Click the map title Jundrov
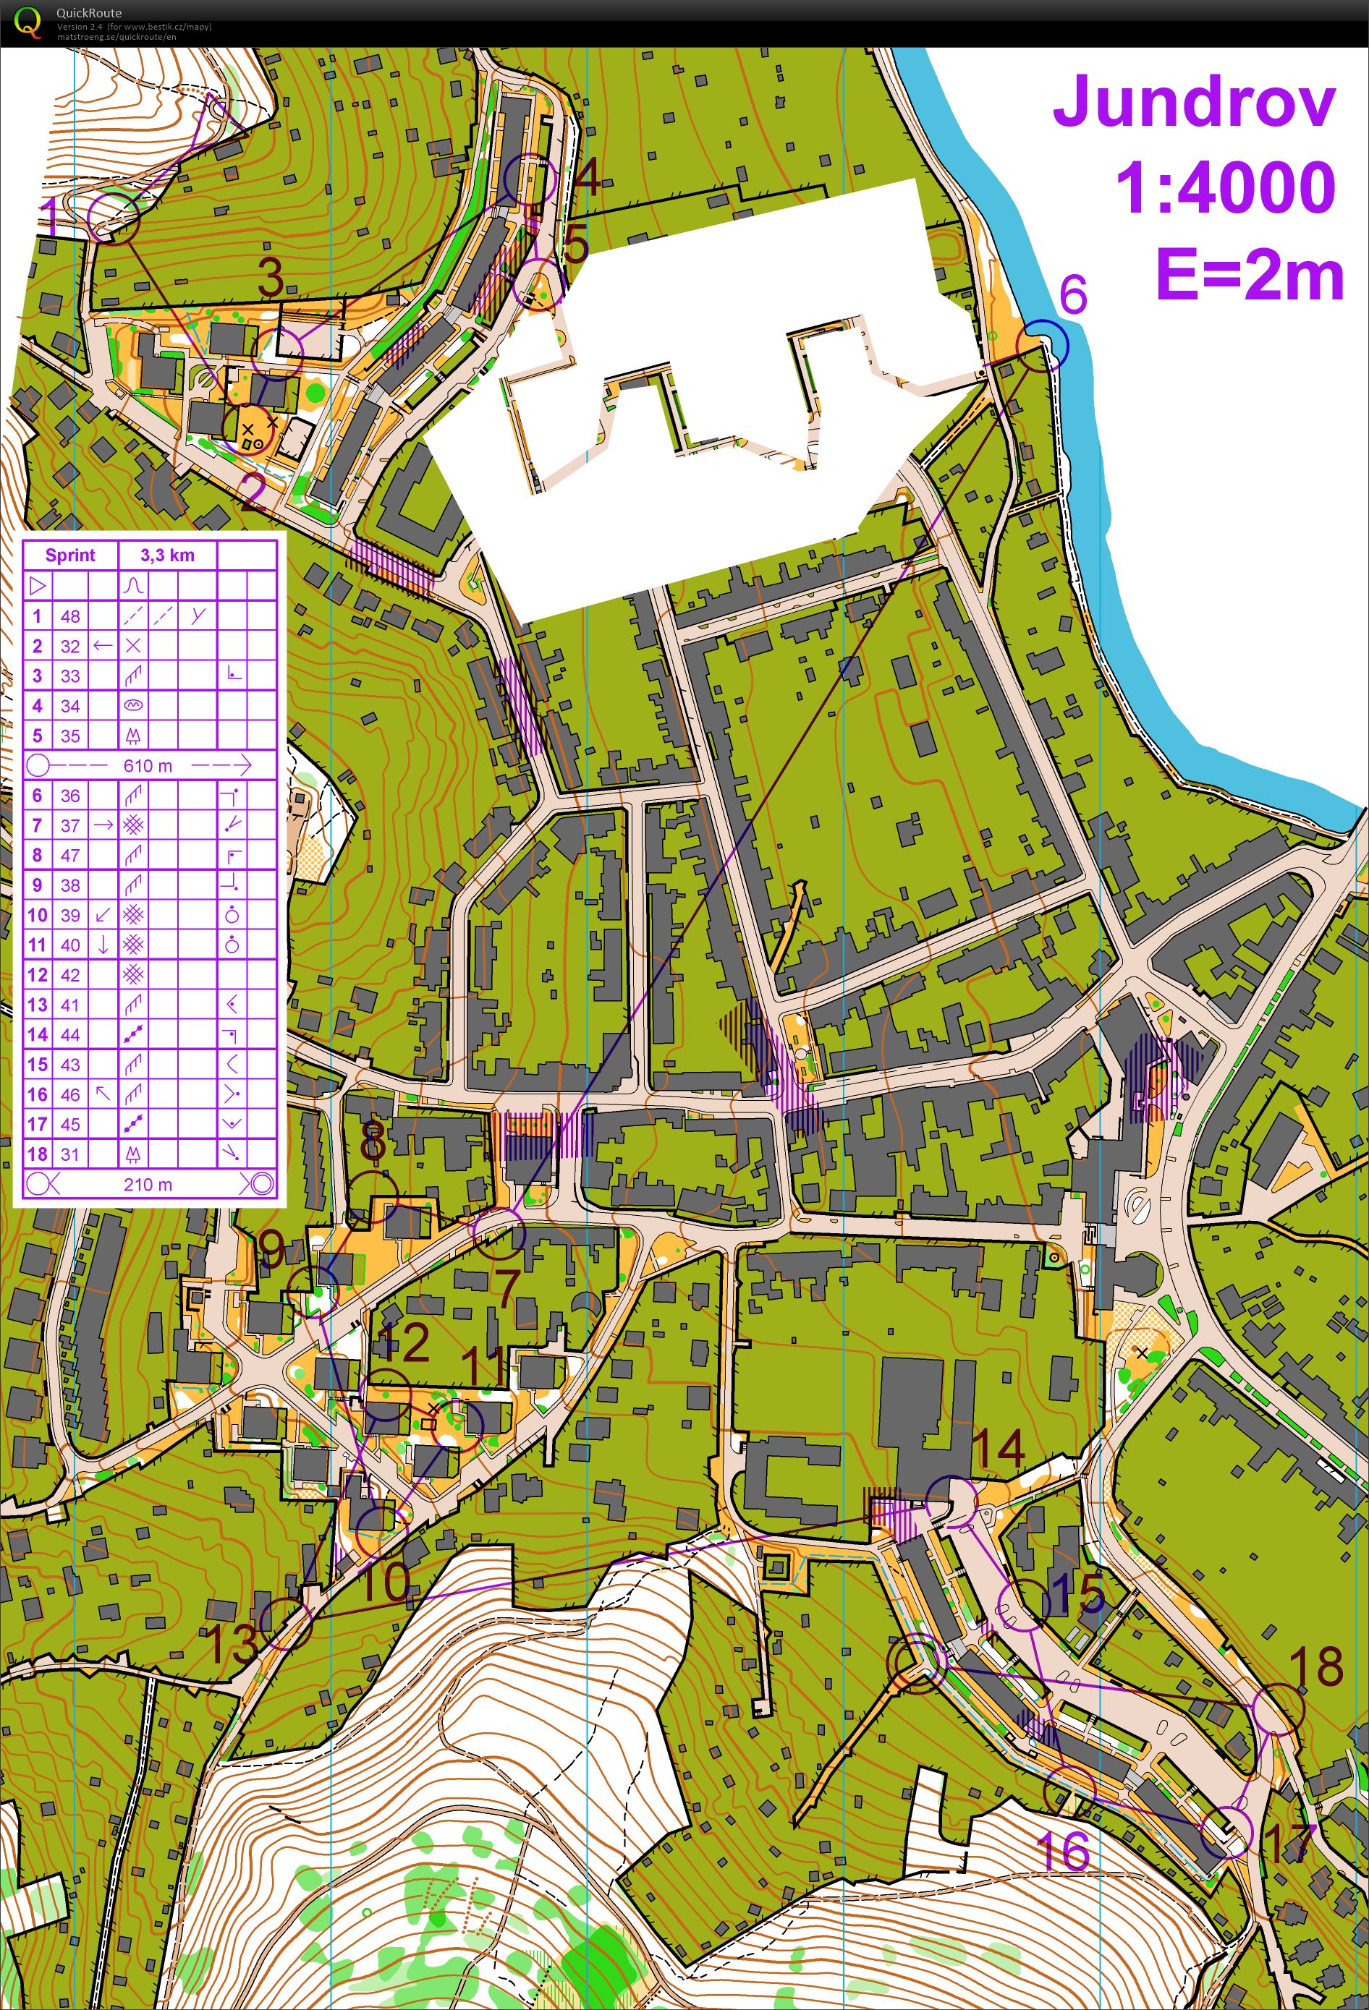pyautogui.click(x=1194, y=102)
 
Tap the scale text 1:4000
pyautogui.click(x=1224, y=187)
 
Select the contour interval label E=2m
pyautogui.click(x=1249, y=273)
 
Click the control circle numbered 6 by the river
pyautogui.click(x=1043, y=344)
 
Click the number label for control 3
pyautogui.click(x=271, y=278)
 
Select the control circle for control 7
pyautogui.click(x=499, y=1233)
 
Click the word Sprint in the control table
pyautogui.click(x=70, y=555)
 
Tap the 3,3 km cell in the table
pyautogui.click(x=167, y=555)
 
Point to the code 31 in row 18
pyautogui.click(x=70, y=1154)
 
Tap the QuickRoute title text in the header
pyautogui.click(x=88, y=13)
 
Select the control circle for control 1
pyautogui.click(x=114, y=217)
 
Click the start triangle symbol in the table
pyautogui.click(x=37, y=586)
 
